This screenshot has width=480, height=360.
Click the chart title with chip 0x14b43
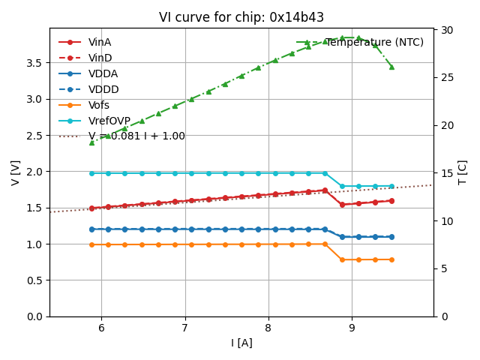pyautogui.click(x=241, y=17)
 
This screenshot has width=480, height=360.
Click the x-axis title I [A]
pyautogui.click(x=241, y=343)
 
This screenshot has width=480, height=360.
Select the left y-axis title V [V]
pyautogui.click(x=16, y=172)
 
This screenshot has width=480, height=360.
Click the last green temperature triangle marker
pyautogui.click(x=391, y=67)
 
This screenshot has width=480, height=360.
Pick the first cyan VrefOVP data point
pyautogui.click(x=91, y=173)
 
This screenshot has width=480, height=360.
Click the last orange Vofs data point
pyautogui.click(x=391, y=259)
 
